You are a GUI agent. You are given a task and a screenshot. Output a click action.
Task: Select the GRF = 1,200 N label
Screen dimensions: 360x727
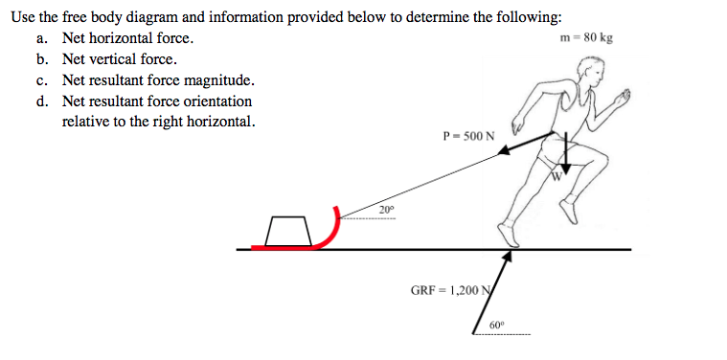(450, 289)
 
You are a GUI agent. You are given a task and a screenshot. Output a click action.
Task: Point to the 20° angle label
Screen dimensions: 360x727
(385, 209)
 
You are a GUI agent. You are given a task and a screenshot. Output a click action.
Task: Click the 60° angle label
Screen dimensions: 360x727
(496, 326)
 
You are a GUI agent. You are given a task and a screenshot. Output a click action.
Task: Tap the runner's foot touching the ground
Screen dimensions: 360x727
(505, 235)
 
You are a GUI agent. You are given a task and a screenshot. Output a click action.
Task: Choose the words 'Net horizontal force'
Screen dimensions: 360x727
(127, 38)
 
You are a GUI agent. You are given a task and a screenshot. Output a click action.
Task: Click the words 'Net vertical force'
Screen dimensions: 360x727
(119, 59)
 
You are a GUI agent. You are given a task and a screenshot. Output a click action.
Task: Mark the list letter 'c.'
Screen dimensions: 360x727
(42, 80)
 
